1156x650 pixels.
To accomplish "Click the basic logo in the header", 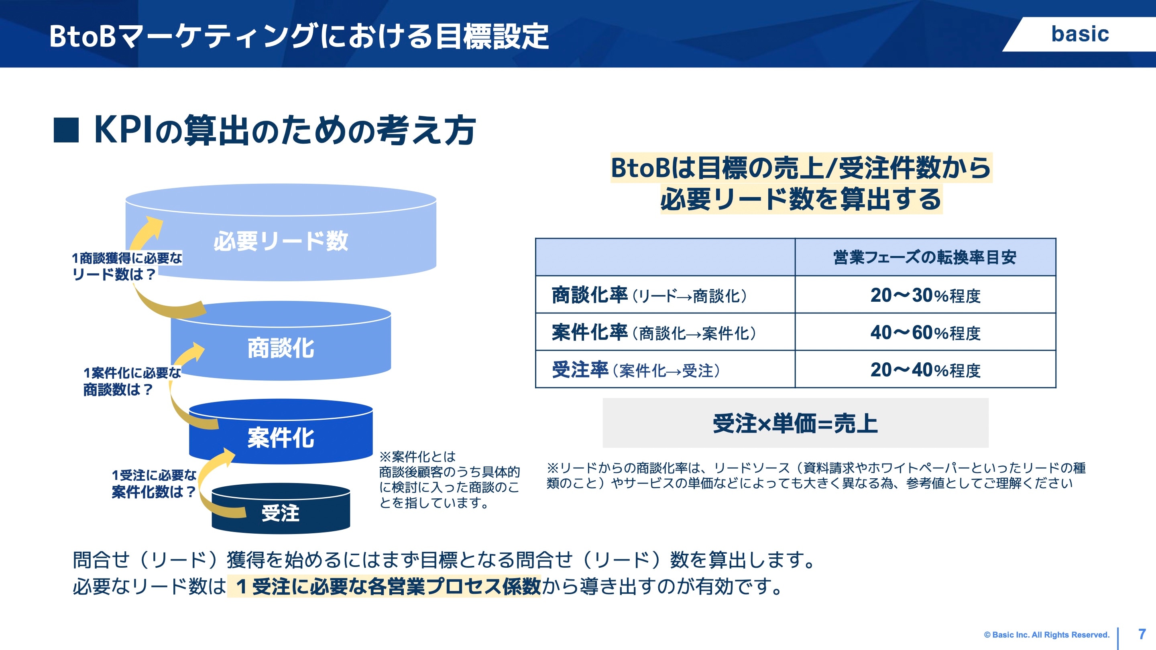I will tap(1080, 34).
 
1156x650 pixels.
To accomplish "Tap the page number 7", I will tap(1142, 634).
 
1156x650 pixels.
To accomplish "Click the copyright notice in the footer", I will tap(1046, 635).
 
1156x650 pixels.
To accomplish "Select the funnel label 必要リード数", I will tap(281, 241).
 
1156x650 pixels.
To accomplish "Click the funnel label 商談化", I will tap(281, 348).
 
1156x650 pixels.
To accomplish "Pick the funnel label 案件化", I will tap(281, 438).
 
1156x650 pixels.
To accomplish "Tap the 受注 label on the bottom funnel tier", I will tap(281, 513).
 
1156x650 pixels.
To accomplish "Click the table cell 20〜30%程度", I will tap(925, 295).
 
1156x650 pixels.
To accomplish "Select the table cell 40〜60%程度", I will tap(925, 332).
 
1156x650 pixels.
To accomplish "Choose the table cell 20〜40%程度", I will tap(925, 370).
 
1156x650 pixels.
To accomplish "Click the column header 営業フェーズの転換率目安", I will tap(925, 257).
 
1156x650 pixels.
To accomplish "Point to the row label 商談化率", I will tap(589, 295).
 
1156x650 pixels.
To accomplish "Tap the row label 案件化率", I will tap(589, 332).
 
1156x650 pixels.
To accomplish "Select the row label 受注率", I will tap(580, 370).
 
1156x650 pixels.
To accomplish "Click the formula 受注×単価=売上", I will tap(795, 423).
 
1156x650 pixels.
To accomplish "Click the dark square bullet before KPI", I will tap(66, 130).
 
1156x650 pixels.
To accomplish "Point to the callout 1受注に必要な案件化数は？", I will tap(153, 483).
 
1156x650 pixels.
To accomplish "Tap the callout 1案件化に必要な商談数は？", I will tap(132, 381).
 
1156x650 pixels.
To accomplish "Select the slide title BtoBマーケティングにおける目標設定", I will tap(299, 36).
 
